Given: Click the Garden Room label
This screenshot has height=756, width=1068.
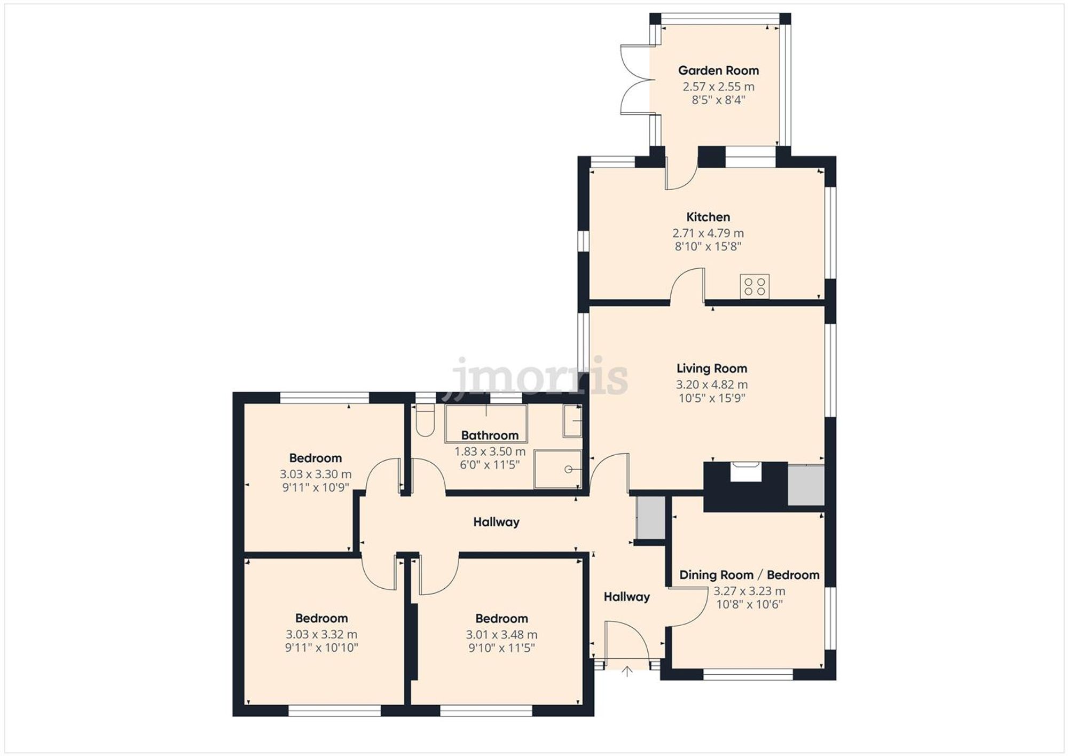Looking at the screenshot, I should pos(718,71).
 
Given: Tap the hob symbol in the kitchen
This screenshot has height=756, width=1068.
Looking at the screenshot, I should pos(755,286).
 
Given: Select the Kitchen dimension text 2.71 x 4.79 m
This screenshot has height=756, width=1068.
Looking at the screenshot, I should pos(708,233).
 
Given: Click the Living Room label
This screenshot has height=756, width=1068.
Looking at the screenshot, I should pos(712,368).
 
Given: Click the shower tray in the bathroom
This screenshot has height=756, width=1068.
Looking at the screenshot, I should pos(558,469).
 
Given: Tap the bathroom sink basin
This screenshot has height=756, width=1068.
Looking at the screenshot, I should pos(573,421).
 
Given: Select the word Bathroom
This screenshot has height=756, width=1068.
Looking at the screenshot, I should pos(490,435).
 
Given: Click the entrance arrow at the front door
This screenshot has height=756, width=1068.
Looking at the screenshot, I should pos(627,672).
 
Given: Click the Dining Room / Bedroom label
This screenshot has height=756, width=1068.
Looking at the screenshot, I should pos(749,575).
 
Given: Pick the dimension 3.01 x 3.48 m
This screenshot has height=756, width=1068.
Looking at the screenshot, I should pos(501,635).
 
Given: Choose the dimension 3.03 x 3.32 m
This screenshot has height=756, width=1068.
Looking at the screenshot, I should pos(321,635).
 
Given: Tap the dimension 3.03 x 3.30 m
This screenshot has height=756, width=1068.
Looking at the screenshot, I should pos(316,474).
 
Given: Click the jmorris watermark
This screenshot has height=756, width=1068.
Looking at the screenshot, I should pos(539,377).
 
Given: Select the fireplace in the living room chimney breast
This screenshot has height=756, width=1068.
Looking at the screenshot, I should pos(745,473).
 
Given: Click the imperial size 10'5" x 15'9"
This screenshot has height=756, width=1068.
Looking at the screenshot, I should pos(712,398).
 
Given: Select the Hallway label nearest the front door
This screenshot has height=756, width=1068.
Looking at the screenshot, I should pos(626,597).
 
